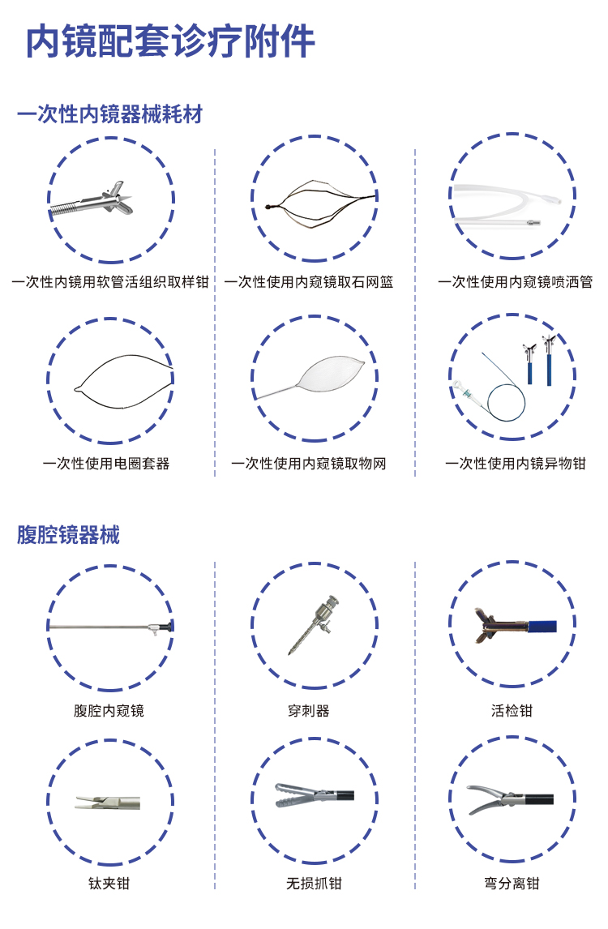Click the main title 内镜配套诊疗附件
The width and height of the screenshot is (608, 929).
(170, 41)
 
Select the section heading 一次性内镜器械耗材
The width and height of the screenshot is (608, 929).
(110, 113)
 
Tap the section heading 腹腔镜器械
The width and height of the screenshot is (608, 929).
(68, 534)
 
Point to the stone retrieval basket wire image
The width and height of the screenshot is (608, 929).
(320, 204)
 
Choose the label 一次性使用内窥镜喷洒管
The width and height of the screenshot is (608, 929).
(516, 282)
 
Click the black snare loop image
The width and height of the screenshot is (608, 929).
(124, 381)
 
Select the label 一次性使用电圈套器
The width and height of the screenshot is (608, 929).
(107, 464)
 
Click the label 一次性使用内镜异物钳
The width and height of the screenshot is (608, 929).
(516, 464)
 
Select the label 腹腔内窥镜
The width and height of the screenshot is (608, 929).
(109, 710)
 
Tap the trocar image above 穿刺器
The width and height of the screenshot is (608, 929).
(318, 625)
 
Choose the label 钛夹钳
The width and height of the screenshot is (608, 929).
(109, 884)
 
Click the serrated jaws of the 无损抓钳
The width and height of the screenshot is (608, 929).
(293, 794)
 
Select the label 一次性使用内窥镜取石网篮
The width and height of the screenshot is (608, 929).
(310, 282)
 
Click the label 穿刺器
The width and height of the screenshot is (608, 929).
(308, 710)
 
